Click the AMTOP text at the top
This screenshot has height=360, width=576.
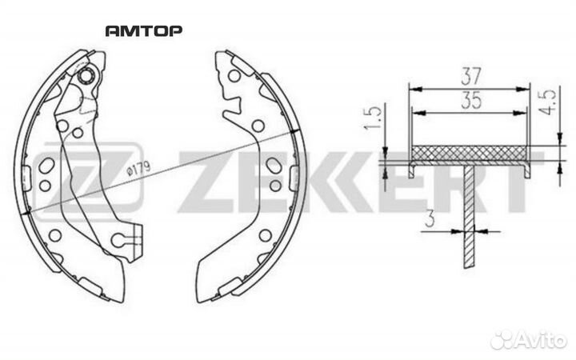click(143, 31)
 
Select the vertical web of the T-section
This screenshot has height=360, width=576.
click(469, 216)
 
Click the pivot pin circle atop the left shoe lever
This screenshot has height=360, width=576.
click(90, 76)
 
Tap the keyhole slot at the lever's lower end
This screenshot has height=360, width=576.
click(124, 238)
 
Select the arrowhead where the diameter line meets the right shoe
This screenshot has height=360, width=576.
click(296, 133)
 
